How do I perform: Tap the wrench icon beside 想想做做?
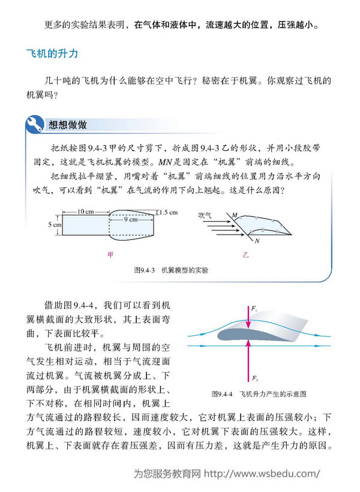pyautogui.click(x=34, y=125)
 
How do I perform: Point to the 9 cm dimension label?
pyautogui.click(x=131, y=220)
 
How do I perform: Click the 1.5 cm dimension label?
pyautogui.click(x=169, y=212)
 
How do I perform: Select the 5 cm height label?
pyautogui.click(x=55, y=224)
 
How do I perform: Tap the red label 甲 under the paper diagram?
pyautogui.click(x=110, y=254)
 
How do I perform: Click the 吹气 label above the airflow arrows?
pyautogui.click(x=206, y=214)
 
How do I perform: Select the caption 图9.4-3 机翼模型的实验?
pyautogui.click(x=171, y=270)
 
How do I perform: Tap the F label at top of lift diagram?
pyautogui.click(x=254, y=308)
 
